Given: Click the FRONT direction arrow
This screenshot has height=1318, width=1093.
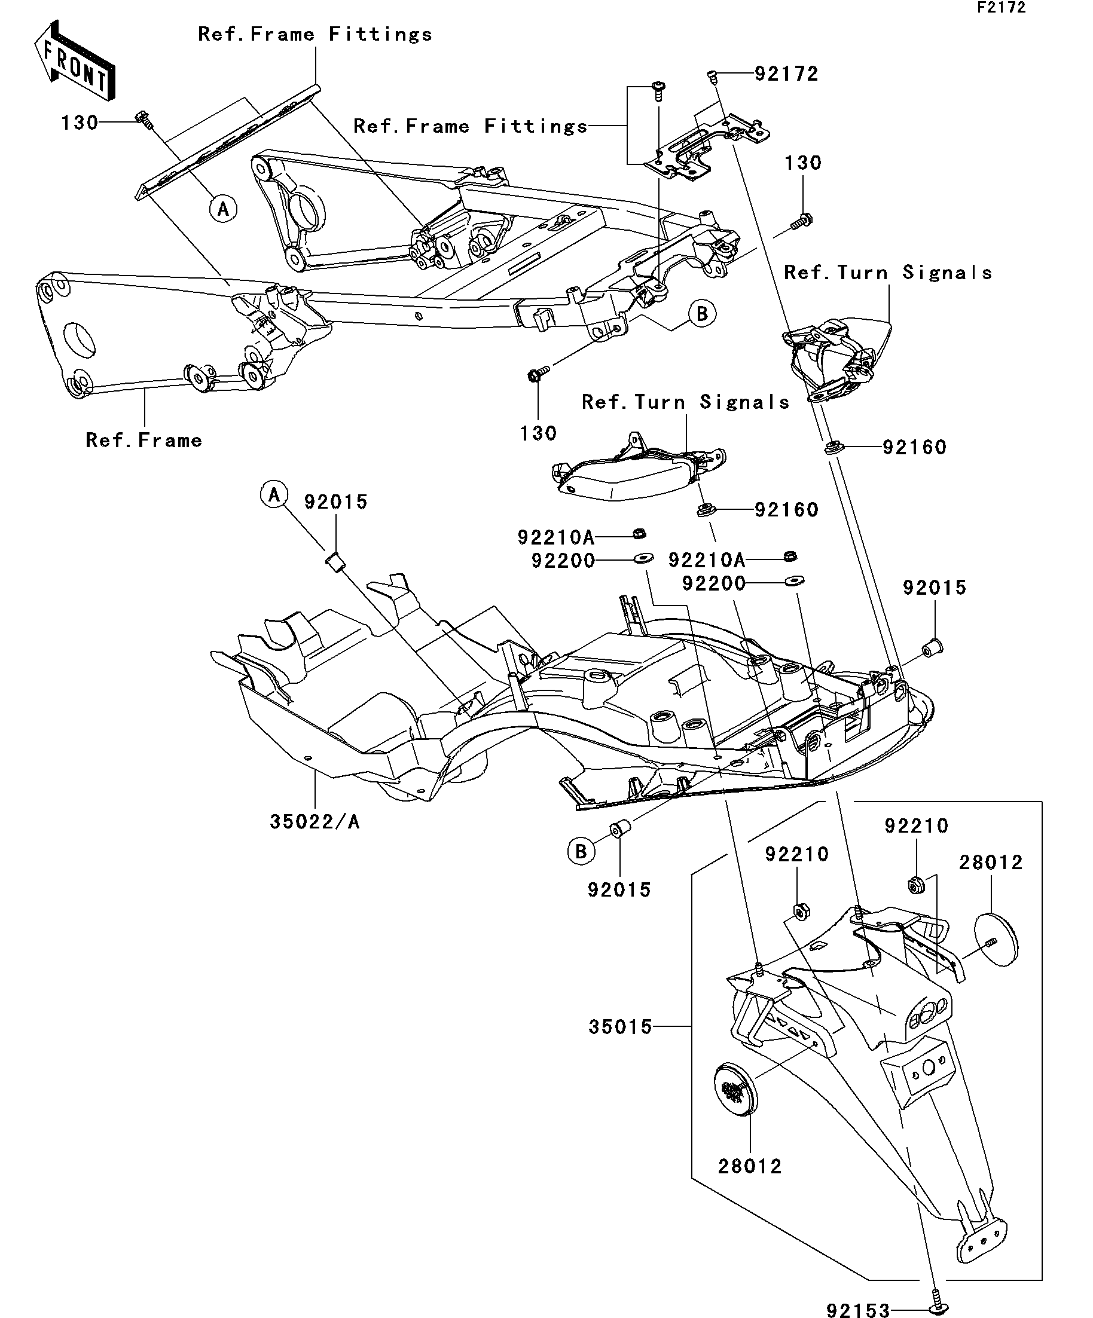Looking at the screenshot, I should coord(74,60).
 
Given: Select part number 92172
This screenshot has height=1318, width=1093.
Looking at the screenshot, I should coord(786,74).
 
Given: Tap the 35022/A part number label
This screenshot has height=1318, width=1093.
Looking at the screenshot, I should coord(315,821).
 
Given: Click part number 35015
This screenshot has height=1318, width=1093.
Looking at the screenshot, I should coord(620,1027).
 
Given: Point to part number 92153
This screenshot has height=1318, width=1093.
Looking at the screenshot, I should coord(857,1309).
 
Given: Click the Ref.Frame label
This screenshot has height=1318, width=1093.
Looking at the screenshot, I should coord(144,440).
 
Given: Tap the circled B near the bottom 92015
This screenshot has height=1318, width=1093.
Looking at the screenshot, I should coord(581,852).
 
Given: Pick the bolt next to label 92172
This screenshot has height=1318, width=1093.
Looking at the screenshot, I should coord(712,76).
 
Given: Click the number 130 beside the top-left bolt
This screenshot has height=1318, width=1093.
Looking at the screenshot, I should coord(80,123).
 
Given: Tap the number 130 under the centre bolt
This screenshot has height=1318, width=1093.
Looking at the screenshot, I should coord(538,433).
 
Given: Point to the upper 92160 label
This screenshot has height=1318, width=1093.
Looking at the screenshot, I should coord(914,447).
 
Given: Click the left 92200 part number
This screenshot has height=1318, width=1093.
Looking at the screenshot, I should coord(563,561).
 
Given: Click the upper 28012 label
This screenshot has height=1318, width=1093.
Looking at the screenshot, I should coord(991,863).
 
